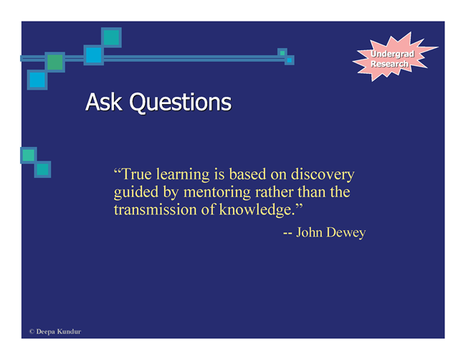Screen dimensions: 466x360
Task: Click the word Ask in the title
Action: (x=104, y=102)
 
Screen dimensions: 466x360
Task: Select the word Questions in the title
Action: (x=181, y=103)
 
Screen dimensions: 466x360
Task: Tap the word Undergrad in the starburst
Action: (x=392, y=54)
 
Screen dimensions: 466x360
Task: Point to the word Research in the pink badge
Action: (x=389, y=64)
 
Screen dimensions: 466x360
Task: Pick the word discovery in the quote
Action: (x=323, y=174)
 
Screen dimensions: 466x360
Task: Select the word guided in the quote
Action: (x=136, y=192)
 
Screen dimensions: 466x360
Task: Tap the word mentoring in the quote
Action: (x=217, y=192)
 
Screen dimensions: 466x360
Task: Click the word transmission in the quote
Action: (x=155, y=210)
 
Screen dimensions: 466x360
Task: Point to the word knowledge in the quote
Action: (x=257, y=210)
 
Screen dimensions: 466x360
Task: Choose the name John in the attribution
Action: (x=310, y=232)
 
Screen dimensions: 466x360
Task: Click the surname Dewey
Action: (x=346, y=233)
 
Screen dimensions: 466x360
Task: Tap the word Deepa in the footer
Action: (x=45, y=332)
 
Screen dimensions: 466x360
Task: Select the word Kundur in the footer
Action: (x=69, y=331)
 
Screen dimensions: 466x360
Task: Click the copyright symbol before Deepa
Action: (x=32, y=331)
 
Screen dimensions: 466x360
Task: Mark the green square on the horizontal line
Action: (x=55, y=62)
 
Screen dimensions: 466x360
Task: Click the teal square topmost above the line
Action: (x=111, y=37)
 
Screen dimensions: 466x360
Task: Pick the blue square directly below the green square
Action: (x=37, y=80)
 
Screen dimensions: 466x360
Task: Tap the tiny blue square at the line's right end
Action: (x=290, y=60)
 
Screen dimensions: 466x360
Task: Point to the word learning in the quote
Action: (x=183, y=174)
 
